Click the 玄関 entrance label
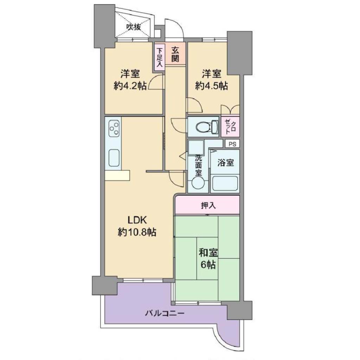pyautogui.click(x=175, y=54)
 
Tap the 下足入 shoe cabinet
pyautogui.click(x=159, y=57)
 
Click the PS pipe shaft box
pyautogui.click(x=232, y=144)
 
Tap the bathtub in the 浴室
pyautogui.click(x=225, y=183)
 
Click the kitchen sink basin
pyautogui.click(x=114, y=158)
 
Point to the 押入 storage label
pyautogui.click(x=208, y=205)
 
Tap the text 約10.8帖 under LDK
pyautogui.click(x=137, y=232)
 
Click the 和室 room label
pyautogui.click(x=208, y=253)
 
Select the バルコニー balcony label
pyautogui.click(x=165, y=313)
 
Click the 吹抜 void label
pyautogui.click(x=134, y=27)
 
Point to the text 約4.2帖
pyautogui.click(x=130, y=86)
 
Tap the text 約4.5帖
pyautogui.click(x=211, y=86)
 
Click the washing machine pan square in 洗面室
pyautogui.click(x=196, y=147)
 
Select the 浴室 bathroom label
pyautogui.click(x=226, y=163)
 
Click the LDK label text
pyautogui.click(x=137, y=220)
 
